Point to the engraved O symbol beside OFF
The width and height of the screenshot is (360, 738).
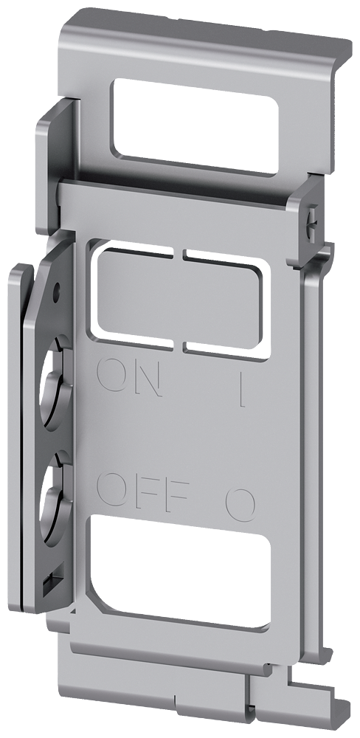[x=240, y=503]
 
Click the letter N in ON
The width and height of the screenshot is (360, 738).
[x=145, y=379]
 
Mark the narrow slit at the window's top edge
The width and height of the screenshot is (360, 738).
[x=179, y=255]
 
